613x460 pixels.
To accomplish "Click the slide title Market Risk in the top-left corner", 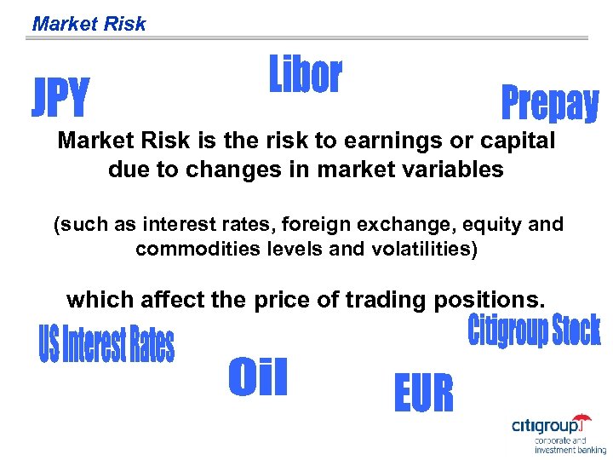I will coord(89,24).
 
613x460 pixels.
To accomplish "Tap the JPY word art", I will coord(60,98).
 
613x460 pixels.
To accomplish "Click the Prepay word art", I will coord(549,104).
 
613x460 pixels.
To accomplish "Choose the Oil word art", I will coord(258,377).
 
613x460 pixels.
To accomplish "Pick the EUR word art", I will coord(423,394).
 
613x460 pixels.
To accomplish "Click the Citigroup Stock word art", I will coord(534,331).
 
